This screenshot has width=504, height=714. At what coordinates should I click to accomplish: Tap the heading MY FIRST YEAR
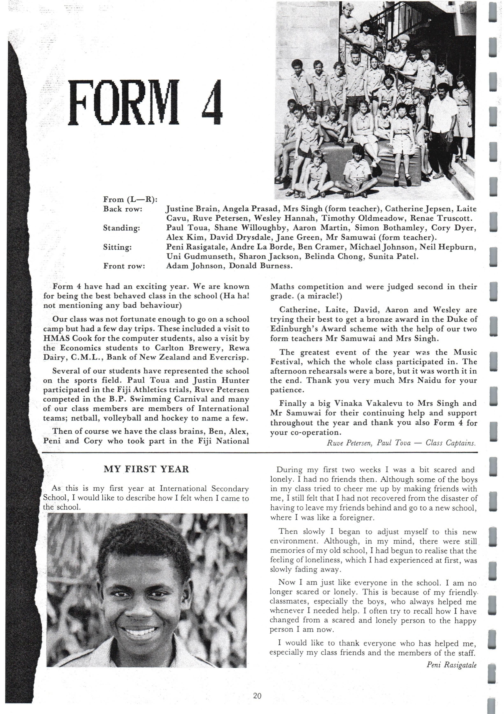click(146, 469)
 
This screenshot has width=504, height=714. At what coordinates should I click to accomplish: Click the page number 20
click(257, 696)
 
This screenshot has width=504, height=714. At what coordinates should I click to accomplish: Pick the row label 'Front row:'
click(124, 266)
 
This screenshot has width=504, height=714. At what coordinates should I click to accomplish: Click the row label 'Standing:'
click(122, 228)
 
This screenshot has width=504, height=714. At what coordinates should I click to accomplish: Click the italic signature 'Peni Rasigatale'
click(451, 665)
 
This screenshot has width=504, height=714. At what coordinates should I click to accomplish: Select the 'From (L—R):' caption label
click(130, 199)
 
